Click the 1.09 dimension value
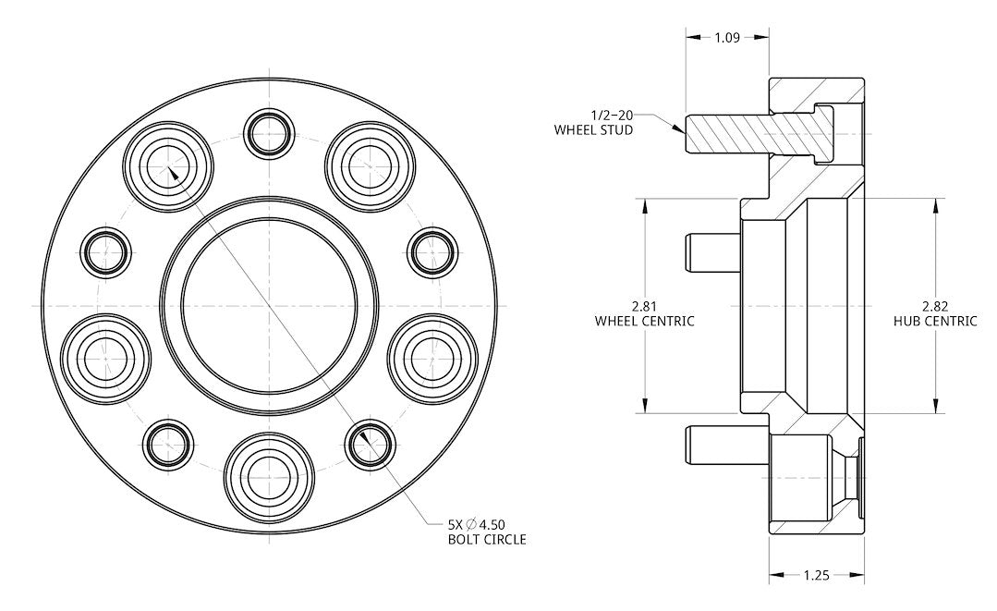[727, 38]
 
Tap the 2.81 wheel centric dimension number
[645, 306]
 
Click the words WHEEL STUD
[593, 130]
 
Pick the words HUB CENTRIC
[935, 321]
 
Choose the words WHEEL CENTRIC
[645, 321]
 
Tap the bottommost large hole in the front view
[269, 479]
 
